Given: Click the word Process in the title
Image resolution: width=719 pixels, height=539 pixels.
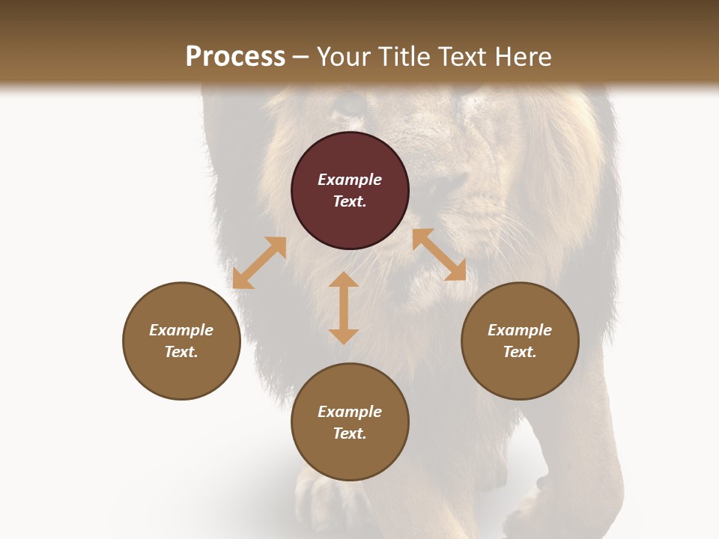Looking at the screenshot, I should pyautogui.click(x=235, y=57).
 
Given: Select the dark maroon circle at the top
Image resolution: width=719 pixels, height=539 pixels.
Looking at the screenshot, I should pyautogui.click(x=350, y=191).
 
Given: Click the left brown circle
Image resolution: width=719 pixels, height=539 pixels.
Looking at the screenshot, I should pyautogui.click(x=181, y=341).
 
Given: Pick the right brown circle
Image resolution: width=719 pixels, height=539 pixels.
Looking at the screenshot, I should pyautogui.click(x=520, y=341).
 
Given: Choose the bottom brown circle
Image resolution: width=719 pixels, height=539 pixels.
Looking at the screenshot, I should pyautogui.click(x=350, y=421).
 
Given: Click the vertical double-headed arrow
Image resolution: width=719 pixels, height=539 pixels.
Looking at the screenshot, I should pyautogui.click(x=344, y=308).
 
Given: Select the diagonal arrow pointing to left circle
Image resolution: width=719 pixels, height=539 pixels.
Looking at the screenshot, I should pyautogui.click(x=259, y=263).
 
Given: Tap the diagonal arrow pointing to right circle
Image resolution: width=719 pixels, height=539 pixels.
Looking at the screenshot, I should pyautogui.click(x=439, y=255).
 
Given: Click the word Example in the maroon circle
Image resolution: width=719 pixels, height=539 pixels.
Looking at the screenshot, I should pyautogui.click(x=350, y=180).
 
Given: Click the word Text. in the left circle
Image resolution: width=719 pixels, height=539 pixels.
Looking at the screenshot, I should pyautogui.click(x=181, y=352).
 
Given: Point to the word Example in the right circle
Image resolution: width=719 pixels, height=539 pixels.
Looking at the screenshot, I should pyautogui.click(x=520, y=330).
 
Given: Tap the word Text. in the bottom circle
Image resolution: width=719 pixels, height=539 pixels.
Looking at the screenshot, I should pyautogui.click(x=350, y=433).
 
